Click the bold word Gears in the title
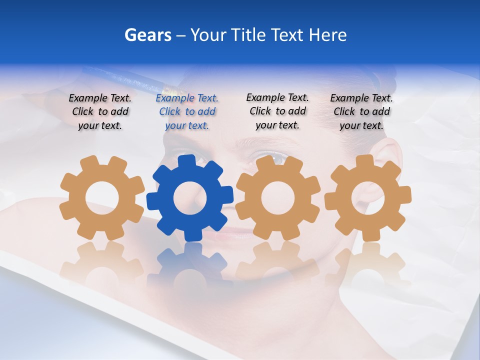[147, 35]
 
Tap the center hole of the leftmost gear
[102, 198]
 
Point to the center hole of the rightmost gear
[367, 197]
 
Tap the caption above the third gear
[277, 111]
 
